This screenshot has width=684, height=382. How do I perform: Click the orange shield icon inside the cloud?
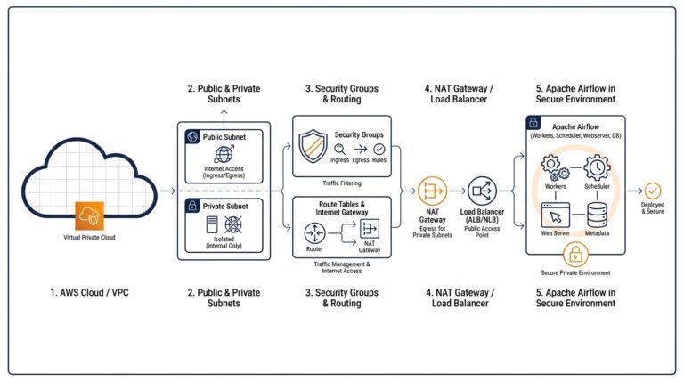(90, 216)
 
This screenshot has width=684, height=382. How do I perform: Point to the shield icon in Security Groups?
(313, 144)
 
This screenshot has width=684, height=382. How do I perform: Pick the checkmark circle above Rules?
(379, 149)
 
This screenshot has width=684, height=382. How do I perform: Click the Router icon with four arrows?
(313, 233)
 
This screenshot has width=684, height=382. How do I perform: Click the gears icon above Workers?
(556, 167)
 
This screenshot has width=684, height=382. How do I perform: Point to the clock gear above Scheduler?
(597, 167)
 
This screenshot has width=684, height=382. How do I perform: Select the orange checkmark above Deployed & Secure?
(653, 190)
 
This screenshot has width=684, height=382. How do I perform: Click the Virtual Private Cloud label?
(90, 239)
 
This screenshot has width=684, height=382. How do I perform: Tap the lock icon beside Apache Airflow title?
(534, 125)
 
